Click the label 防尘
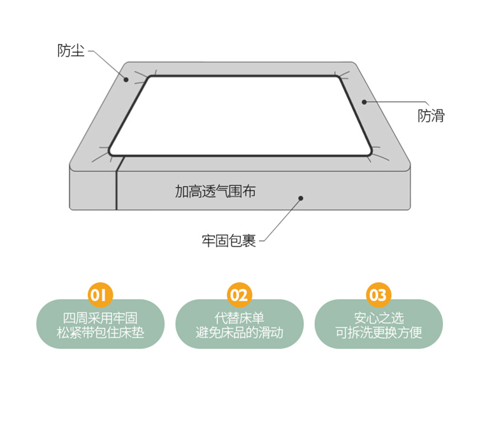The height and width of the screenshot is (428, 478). pyautogui.click(x=71, y=50)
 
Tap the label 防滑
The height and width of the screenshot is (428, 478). pyautogui.click(x=431, y=116)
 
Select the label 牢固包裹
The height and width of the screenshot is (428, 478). pyautogui.click(x=229, y=241)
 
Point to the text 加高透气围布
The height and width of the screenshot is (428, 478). pyautogui.click(x=215, y=191)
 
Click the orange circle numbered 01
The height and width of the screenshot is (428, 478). pyautogui.click(x=100, y=295)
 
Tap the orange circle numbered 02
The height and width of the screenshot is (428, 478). pyautogui.click(x=239, y=295)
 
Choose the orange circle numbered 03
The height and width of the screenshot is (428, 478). pyautogui.click(x=379, y=295)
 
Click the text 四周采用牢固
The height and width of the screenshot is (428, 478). pyautogui.click(x=100, y=318)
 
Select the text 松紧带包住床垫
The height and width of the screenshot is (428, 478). pyautogui.click(x=100, y=332)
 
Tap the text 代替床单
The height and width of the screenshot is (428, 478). pyautogui.click(x=239, y=318)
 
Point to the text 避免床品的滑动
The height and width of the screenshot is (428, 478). pyautogui.click(x=239, y=332)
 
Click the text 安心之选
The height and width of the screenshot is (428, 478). pyautogui.click(x=379, y=318)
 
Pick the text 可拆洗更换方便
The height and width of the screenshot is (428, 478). pyautogui.click(x=379, y=332)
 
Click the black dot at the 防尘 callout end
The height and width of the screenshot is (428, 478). pyautogui.click(x=126, y=80)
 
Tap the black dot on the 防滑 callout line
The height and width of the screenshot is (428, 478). pyautogui.click(x=365, y=102)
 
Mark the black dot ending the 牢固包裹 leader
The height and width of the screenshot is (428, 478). pyautogui.click(x=301, y=198)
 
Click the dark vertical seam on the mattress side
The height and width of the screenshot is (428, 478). pyautogui.click(x=117, y=189)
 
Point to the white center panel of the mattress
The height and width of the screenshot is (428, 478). pyautogui.click(x=240, y=116)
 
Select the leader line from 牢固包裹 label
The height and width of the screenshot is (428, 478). pyautogui.click(x=282, y=220)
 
